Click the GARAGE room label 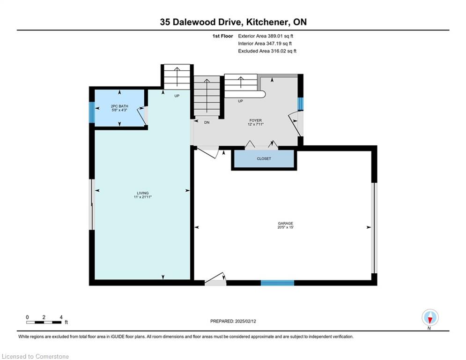click(x=285, y=223)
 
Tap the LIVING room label click(x=143, y=193)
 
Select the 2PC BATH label click(x=119, y=106)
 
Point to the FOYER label click(x=256, y=120)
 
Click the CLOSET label click(x=264, y=158)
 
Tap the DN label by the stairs click(x=207, y=122)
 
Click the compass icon click(x=430, y=318)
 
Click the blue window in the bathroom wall click(x=92, y=112)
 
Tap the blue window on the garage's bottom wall click(x=277, y=283)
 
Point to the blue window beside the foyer click(x=301, y=104)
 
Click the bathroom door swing click(x=142, y=116)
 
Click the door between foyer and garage click(x=208, y=152)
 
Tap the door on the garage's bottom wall click(x=215, y=279)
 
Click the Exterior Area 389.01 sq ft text click(x=266, y=36)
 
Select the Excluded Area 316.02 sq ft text click(x=267, y=51)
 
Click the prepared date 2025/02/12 click(x=245, y=321)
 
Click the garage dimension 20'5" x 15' click(x=285, y=227)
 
